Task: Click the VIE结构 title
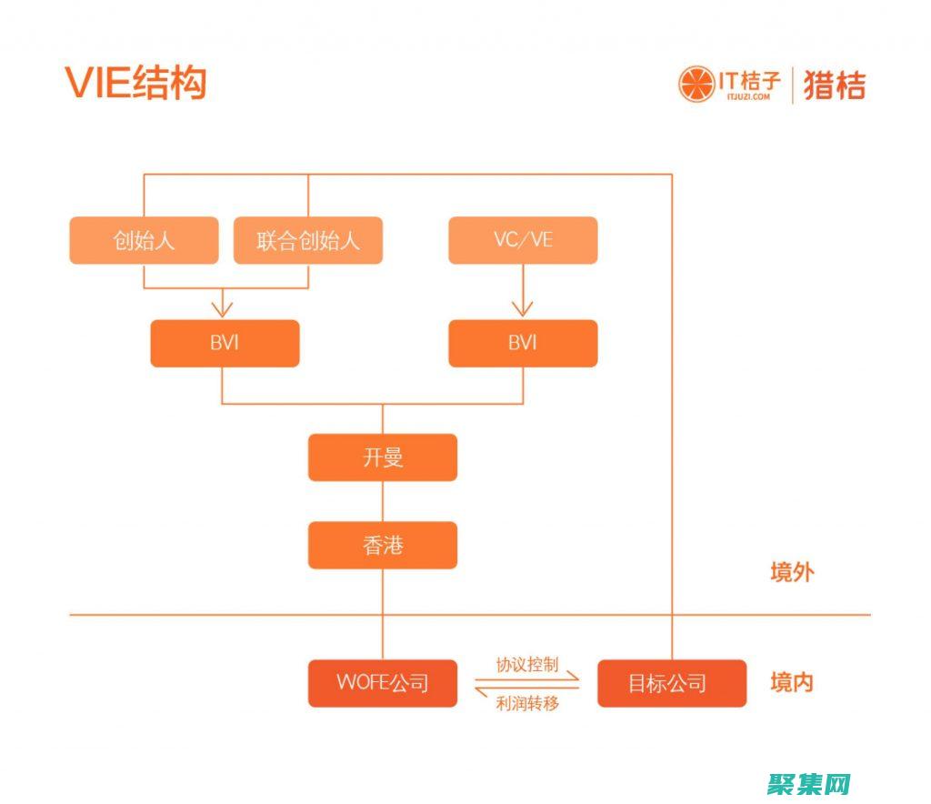[135, 83]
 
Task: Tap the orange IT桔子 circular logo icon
[696, 85]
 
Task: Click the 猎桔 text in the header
[834, 85]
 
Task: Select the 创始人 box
[144, 241]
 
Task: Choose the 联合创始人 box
[307, 241]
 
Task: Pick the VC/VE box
[523, 241]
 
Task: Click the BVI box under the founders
[225, 343]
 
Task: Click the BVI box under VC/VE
[523, 343]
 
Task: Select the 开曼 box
[382, 457]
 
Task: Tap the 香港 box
[382, 545]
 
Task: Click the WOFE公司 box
[382, 683]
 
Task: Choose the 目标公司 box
[671, 683]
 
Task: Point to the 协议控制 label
[527, 664]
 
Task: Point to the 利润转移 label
[527, 703]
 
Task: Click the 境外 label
[792, 572]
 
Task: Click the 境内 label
[792, 682]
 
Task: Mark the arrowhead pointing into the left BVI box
[222, 309]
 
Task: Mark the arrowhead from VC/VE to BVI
[523, 309]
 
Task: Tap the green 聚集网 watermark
[808, 783]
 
